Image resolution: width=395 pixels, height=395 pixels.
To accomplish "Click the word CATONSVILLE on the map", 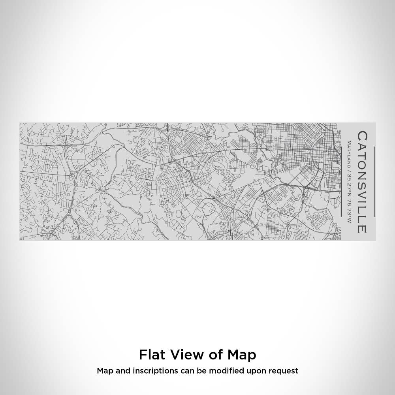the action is [362, 182].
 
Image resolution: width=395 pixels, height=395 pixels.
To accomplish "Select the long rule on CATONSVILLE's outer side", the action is [374, 182].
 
